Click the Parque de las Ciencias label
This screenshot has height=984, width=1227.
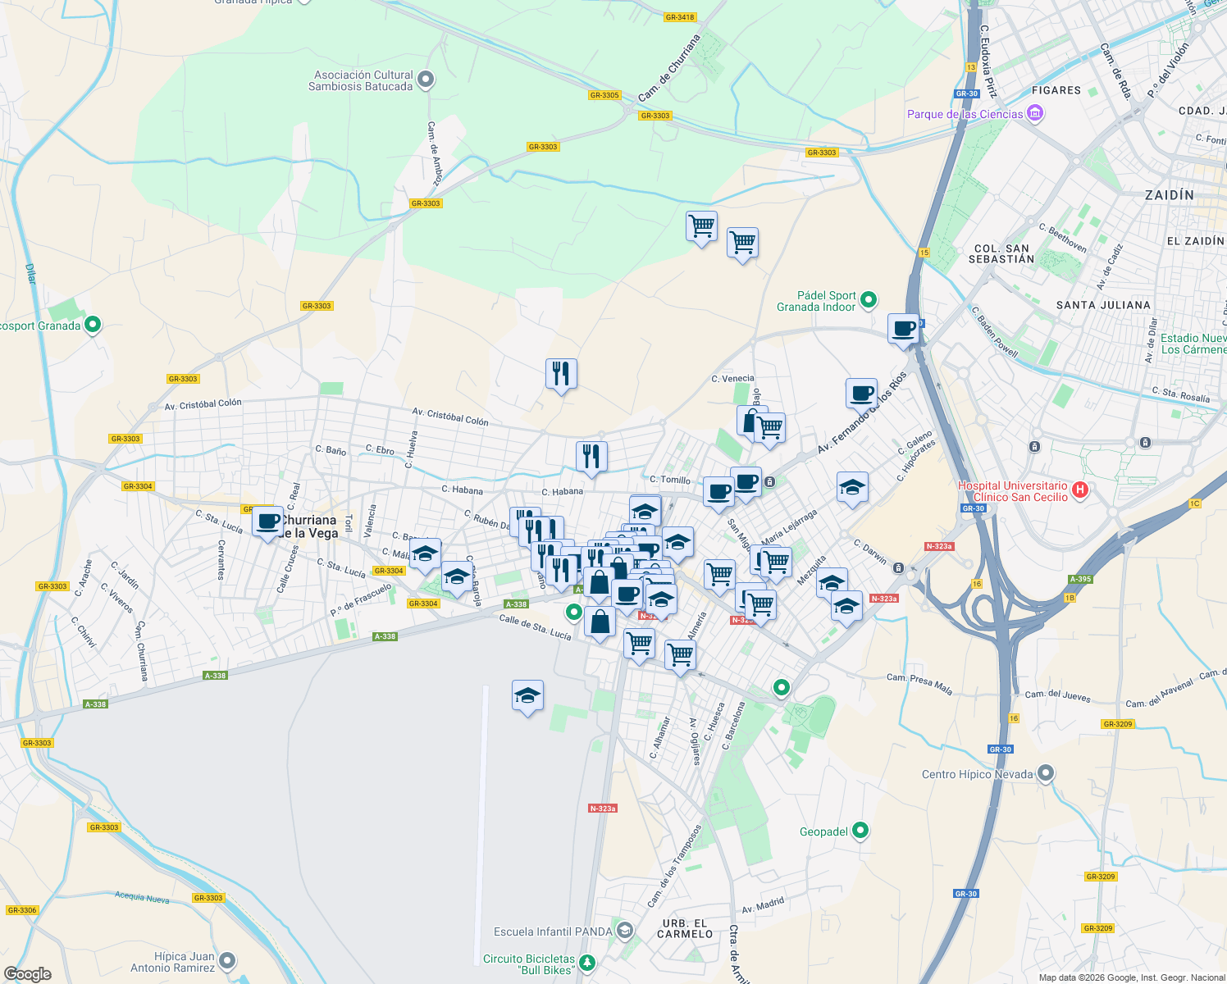coord(965,114)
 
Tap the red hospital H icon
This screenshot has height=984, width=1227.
coord(1080,490)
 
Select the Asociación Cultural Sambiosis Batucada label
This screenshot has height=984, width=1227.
coord(361,80)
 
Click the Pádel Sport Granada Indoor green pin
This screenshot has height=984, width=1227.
coord(869,300)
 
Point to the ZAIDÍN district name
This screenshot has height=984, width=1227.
coord(1169,195)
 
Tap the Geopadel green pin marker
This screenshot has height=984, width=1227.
coord(860,831)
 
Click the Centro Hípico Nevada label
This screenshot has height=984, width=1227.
coord(977,774)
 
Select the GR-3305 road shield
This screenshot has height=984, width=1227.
coord(604,95)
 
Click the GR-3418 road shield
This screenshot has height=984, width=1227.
coord(680,17)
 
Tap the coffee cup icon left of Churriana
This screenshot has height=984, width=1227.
coord(267,522)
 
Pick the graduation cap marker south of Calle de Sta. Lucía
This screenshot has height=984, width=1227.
coord(527,697)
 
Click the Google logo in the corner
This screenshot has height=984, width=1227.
coord(27,974)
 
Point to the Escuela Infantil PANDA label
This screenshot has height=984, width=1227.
coord(553,932)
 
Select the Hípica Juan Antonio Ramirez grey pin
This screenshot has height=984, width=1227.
coord(228,960)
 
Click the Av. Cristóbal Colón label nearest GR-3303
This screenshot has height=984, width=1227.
coord(203,404)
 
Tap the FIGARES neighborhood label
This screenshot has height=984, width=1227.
coord(1056,90)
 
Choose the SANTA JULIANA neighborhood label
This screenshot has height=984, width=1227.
coord(1102,305)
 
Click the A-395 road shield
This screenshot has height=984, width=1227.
coord(1080,579)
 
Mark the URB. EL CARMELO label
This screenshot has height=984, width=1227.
coord(685,928)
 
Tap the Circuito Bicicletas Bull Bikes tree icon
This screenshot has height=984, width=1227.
coord(586,963)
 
